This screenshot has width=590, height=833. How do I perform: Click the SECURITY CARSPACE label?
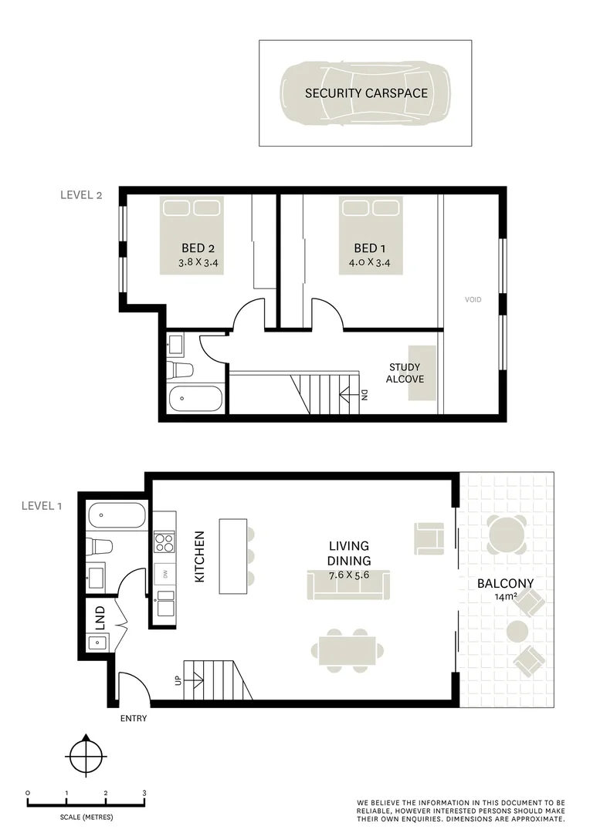point(365,93)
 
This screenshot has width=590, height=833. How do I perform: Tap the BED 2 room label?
point(198,248)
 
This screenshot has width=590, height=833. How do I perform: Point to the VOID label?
point(473,299)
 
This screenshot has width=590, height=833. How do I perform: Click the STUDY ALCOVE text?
point(405,373)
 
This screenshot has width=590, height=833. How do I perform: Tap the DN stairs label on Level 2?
point(364,396)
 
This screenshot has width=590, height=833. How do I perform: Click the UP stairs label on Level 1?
point(178,680)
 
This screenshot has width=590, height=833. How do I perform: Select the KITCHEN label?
point(199,555)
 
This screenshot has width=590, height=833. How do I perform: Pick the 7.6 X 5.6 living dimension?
point(349,575)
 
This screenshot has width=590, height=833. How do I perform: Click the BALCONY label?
point(505,584)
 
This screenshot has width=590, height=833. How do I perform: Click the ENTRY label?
point(133,719)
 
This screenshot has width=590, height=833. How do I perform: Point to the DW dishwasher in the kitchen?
point(164,574)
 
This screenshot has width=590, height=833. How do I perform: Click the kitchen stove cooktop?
point(164,542)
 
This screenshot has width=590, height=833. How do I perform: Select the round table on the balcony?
point(506,532)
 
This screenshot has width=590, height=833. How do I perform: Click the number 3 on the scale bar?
point(144,793)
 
